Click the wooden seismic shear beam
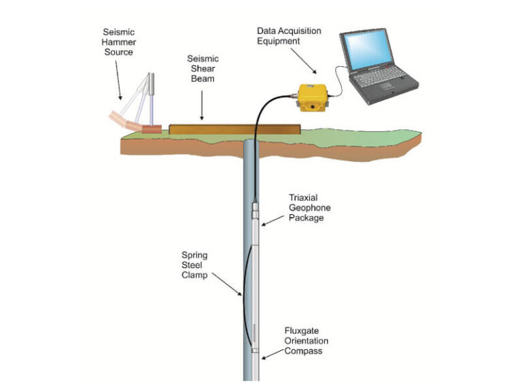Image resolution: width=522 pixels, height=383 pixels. [234, 128]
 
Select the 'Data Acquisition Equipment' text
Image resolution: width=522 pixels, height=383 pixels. [289, 36]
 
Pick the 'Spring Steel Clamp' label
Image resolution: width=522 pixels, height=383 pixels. [194, 265]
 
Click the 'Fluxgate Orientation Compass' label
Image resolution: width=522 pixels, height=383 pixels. [307, 340]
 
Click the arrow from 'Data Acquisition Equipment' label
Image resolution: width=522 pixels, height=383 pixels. [306, 61]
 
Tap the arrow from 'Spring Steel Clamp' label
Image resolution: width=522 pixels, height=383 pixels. [225, 284]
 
